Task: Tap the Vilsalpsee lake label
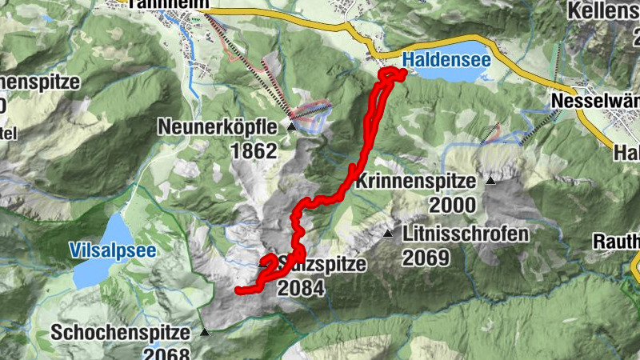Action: [x=112, y=250]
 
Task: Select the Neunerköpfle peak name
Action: [x=218, y=126]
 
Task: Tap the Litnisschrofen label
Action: [x=466, y=234]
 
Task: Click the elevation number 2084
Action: [x=301, y=288]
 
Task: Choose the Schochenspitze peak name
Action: [x=121, y=332]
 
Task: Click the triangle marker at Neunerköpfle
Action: [x=291, y=126]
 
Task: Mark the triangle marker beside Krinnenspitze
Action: [x=490, y=181]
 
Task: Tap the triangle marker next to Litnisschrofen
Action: [x=388, y=234]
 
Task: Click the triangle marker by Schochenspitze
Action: [x=204, y=331]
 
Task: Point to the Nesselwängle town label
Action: [x=596, y=102]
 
